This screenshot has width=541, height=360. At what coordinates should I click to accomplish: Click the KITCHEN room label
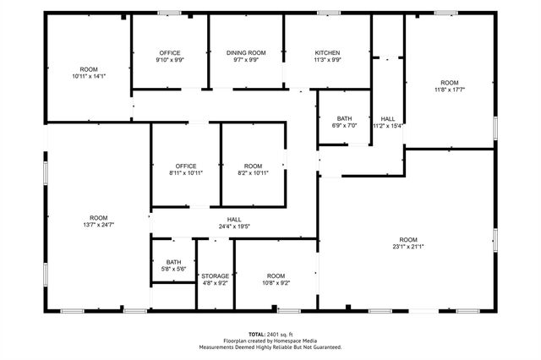pos(327,52)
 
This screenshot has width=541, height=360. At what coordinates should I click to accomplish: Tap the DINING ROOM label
pos(246,52)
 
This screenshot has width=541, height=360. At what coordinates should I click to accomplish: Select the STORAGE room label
pos(215,276)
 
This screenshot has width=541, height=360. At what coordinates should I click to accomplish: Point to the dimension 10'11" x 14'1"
pos(89,76)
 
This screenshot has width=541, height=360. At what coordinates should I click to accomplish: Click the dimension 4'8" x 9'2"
pos(215,284)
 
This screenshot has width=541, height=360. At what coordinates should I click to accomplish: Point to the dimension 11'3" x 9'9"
pos(327,60)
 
